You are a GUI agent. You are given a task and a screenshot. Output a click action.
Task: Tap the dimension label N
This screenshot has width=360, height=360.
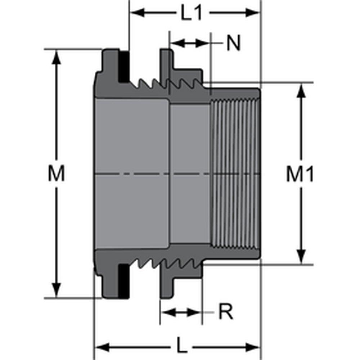pos(233,44)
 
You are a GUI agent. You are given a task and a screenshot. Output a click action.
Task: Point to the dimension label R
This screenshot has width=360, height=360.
pos(226,312)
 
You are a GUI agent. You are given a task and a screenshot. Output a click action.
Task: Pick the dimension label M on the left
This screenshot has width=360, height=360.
pos(57,174)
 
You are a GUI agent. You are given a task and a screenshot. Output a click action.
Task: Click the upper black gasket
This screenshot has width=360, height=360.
pos(123,67)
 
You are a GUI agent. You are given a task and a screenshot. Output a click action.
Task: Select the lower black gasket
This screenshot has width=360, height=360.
pos(123,280)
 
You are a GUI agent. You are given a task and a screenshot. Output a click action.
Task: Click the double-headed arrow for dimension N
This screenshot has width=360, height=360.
pos(189,43)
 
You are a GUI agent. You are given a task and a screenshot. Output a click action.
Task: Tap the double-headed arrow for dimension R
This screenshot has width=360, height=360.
pos(181,312)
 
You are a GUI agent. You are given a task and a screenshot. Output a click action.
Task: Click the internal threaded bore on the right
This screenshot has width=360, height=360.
pos(235,174)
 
